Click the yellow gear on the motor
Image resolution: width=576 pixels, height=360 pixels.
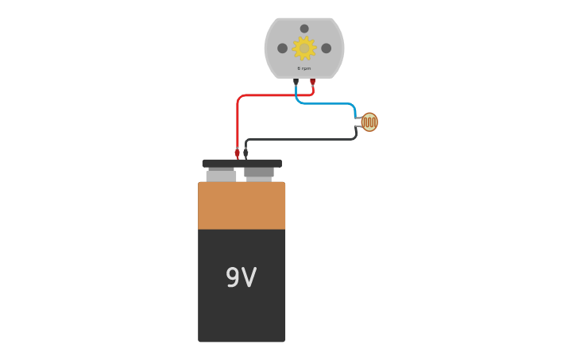(304, 48)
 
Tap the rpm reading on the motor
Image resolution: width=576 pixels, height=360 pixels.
(304, 68)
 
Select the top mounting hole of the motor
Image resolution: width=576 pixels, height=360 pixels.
(304, 29)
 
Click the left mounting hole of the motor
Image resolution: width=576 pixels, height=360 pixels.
(282, 48)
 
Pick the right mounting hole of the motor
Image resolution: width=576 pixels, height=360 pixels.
(327, 48)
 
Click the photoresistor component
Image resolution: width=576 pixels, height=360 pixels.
(369, 122)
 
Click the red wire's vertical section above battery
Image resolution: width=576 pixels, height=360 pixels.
(238, 123)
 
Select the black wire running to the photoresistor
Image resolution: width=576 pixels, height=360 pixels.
(302, 139)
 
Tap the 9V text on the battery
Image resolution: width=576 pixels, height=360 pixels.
(242, 277)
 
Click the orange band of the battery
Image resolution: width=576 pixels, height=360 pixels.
(242, 206)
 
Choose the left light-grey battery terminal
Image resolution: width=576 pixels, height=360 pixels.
(221, 175)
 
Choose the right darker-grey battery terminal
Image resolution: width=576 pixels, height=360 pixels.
(259, 172)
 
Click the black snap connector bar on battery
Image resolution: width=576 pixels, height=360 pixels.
(242, 163)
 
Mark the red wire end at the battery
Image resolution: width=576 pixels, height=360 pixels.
(238, 152)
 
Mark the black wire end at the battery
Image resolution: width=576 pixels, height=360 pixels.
(245, 152)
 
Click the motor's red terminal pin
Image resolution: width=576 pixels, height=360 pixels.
(313, 81)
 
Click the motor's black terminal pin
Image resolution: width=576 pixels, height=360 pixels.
(296, 81)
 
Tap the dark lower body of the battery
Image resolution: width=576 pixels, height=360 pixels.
(242, 318)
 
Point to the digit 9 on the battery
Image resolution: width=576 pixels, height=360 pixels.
(232, 277)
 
